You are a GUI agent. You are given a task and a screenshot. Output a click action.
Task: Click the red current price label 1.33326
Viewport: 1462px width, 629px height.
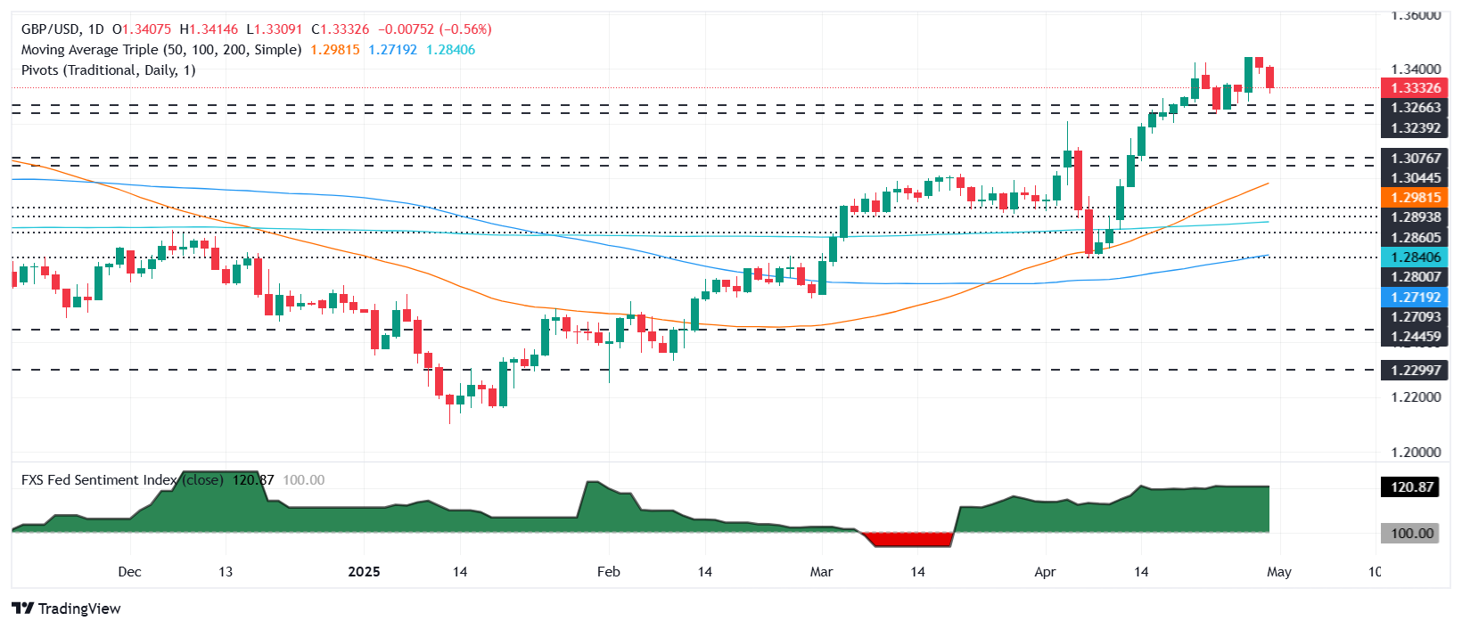pyautogui.click(x=1414, y=88)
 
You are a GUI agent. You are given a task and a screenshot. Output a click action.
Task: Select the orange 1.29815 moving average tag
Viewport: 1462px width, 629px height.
pyautogui.click(x=1414, y=198)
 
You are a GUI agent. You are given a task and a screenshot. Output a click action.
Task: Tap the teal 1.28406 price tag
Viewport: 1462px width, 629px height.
pyautogui.click(x=1414, y=257)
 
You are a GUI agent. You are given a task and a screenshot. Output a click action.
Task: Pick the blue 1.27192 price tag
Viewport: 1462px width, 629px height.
pyautogui.click(x=1414, y=298)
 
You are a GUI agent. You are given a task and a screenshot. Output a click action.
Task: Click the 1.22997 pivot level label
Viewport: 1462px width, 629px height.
pyautogui.click(x=1414, y=371)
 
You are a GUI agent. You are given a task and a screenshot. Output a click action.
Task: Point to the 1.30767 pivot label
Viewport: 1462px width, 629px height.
pyautogui.click(x=1414, y=159)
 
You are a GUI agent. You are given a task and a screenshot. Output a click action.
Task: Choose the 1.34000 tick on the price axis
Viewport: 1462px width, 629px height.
pyautogui.click(x=1416, y=69)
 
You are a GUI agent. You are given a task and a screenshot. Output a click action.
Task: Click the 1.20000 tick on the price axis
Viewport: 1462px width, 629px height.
pyautogui.click(x=1416, y=452)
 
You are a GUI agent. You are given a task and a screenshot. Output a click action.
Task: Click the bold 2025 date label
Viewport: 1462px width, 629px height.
pyautogui.click(x=364, y=572)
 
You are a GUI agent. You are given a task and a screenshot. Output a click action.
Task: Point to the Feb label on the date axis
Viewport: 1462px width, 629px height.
pyautogui.click(x=609, y=572)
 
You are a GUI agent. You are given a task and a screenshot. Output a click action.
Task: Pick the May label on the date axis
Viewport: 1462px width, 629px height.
pyautogui.click(x=1278, y=572)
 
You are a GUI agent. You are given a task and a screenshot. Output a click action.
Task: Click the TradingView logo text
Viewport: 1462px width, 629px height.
pyautogui.click(x=78, y=609)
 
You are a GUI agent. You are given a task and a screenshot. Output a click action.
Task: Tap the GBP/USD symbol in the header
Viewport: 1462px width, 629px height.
pyautogui.click(x=51, y=29)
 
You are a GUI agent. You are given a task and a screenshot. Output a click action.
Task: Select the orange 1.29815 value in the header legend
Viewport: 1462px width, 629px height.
pyautogui.click(x=334, y=50)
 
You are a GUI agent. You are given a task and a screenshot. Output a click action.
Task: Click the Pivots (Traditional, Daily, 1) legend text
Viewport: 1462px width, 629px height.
pyautogui.click(x=108, y=70)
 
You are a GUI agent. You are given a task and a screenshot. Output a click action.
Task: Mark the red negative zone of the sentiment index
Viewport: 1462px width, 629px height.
pyautogui.click(x=908, y=539)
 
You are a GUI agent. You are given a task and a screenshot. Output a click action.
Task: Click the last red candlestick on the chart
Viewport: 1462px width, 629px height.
pyautogui.click(x=1269, y=77)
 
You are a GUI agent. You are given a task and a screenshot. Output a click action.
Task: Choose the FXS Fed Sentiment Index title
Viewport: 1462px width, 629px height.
pyautogui.click(x=98, y=480)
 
